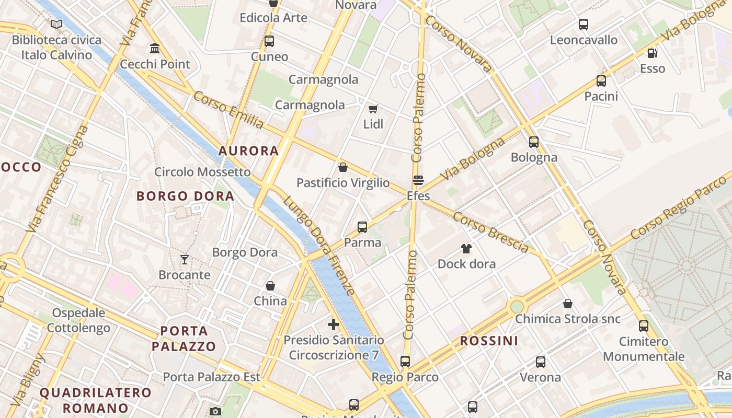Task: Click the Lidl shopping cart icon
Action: [373, 109]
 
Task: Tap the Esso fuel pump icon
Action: [652, 53]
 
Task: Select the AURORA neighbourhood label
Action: [248, 151]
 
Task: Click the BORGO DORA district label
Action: [185, 196]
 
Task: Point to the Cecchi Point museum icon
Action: [155, 49]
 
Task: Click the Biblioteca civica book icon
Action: [56, 24]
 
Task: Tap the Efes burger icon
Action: [418, 181]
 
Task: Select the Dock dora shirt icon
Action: [466, 248]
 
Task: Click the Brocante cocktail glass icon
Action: [185, 259]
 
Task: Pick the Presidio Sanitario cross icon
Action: [334, 324]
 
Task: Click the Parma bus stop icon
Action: [362, 227]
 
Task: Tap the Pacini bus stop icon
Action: [601, 81]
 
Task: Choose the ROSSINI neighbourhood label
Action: [489, 341]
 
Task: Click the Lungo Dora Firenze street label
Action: [319, 246]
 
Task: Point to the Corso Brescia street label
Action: [491, 232]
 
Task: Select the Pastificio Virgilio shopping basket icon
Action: [343, 167]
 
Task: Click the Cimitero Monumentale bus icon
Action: [644, 326]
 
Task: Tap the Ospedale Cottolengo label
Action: [78, 320]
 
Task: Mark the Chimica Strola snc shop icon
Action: [568, 304]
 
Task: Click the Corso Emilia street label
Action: [228, 110]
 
